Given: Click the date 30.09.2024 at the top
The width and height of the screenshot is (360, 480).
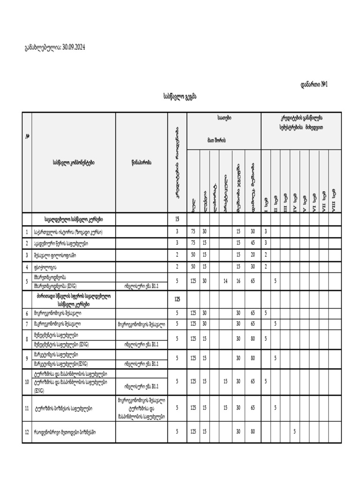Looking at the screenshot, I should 74,48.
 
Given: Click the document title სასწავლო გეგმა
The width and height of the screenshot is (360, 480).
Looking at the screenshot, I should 180,97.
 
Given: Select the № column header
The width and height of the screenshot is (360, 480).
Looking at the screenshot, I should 28,136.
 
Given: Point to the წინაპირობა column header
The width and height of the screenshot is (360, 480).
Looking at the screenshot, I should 141,163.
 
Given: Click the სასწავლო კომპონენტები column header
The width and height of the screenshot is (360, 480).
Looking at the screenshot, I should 74,163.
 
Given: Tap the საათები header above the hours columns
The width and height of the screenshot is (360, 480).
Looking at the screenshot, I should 224,118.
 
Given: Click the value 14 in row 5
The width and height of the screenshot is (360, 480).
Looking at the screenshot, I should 225,281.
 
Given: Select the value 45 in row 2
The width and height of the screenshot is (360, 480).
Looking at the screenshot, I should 253,243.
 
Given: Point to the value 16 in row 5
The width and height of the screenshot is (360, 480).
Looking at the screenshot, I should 238,281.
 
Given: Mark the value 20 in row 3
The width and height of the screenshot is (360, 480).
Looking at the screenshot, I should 253,255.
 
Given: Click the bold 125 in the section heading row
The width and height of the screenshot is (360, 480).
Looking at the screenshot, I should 177,299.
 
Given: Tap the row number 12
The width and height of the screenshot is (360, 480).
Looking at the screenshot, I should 27,432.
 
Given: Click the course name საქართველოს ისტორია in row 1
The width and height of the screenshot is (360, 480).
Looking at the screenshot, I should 67,232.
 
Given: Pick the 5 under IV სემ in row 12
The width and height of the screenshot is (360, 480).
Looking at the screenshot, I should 294,432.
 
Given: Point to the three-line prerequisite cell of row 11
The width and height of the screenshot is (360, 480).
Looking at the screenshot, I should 141,408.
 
